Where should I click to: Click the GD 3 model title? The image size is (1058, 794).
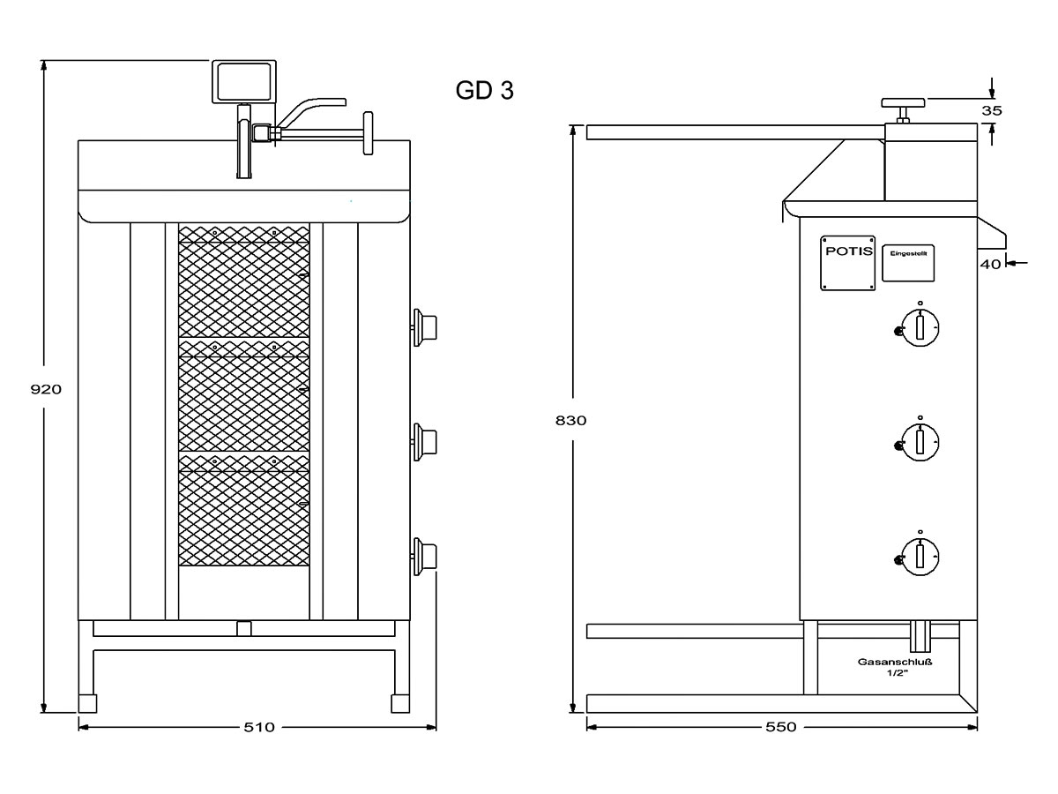[484, 90]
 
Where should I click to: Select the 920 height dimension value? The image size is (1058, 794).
[46, 388]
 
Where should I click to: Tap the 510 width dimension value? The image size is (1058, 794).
[259, 727]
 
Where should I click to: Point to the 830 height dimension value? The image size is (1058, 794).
[571, 420]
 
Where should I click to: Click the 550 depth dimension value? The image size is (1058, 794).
[781, 727]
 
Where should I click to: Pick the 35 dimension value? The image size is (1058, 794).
[992, 110]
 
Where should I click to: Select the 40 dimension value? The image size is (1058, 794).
[990, 263]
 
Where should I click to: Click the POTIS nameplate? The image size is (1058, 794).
[847, 262]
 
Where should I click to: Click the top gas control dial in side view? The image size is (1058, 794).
[920, 327]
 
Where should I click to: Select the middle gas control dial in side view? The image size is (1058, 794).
[920, 440]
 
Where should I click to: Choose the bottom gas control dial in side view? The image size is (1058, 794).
[920, 555]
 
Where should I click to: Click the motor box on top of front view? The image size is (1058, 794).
[244, 80]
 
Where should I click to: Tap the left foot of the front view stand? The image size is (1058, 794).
[87, 703]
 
